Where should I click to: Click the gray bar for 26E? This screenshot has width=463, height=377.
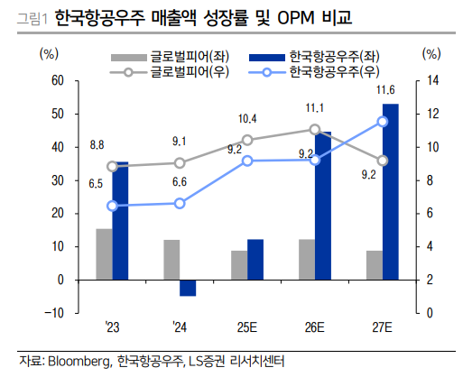click(307, 259)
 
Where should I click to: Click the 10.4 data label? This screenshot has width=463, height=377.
click(247, 118)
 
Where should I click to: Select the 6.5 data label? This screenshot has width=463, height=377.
click(97, 183)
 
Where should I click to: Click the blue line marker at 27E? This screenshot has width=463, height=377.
click(383, 121)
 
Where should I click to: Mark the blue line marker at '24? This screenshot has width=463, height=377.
click(180, 203)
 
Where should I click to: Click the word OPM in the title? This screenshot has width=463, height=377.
click(292, 16)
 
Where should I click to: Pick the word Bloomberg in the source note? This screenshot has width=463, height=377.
click(79, 362)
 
